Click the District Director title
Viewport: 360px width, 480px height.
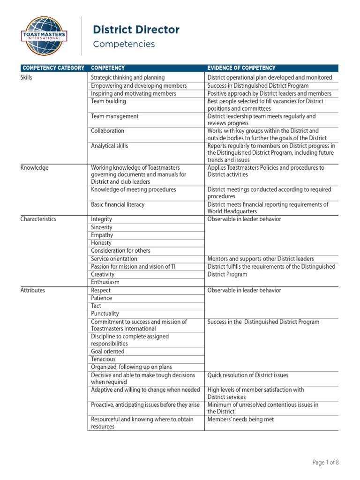[x=136, y=30]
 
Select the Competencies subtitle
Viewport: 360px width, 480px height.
[x=124, y=44]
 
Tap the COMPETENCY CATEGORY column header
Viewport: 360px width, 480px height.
[x=53, y=68]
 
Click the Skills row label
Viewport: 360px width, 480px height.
[x=27, y=77]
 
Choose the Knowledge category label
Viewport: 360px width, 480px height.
[x=35, y=167]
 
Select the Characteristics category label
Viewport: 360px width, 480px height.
[x=38, y=219]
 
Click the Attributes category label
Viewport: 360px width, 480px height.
[x=33, y=290]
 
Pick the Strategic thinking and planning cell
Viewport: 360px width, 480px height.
[x=127, y=77]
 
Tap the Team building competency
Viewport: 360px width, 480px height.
[x=108, y=101]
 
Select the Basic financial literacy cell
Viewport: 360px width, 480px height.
[x=118, y=204]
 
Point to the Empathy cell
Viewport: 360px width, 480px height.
[x=102, y=235]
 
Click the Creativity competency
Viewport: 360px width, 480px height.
[x=103, y=274]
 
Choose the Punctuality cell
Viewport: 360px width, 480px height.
[x=105, y=314]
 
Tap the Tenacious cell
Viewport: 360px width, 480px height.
[x=103, y=359]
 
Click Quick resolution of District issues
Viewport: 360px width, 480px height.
[x=248, y=375]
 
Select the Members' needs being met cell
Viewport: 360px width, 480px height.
[x=240, y=420]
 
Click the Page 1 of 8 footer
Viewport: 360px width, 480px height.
[x=325, y=462]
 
